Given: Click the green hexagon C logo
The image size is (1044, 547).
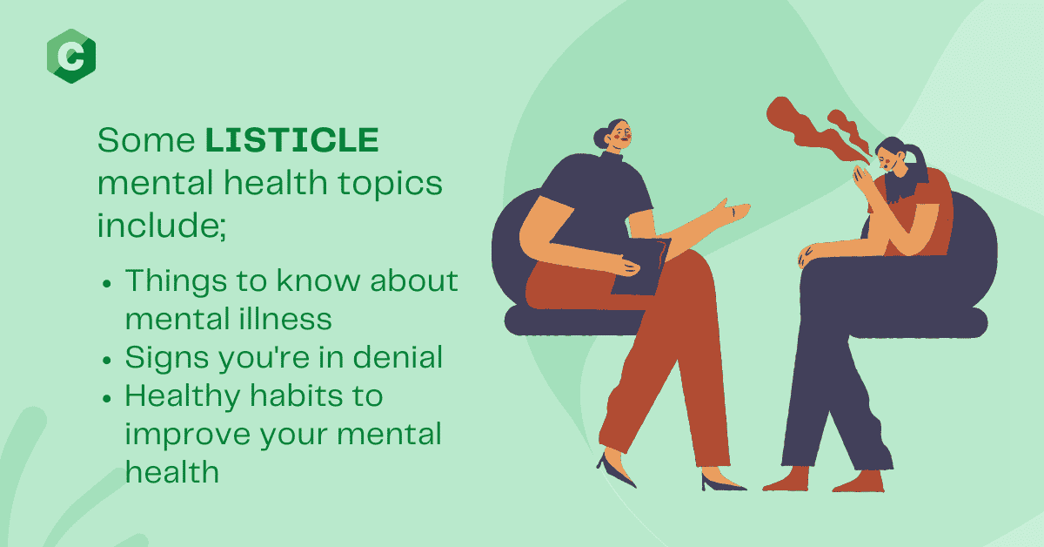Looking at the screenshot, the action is point(71,56).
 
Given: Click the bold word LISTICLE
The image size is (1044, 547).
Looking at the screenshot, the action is point(292,139).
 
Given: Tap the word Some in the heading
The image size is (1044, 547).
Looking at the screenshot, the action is point(146,139).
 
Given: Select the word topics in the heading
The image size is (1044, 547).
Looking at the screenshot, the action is point(390,184).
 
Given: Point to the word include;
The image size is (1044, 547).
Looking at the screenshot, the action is point(162,225).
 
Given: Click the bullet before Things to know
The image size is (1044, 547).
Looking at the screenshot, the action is point(107,283).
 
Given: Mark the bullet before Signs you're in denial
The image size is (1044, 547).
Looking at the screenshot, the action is point(107,360).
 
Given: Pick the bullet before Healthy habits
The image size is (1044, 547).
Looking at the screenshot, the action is point(107,398).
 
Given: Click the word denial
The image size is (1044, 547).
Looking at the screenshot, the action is point(398,357).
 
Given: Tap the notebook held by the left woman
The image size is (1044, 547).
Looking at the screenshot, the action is point(641,266).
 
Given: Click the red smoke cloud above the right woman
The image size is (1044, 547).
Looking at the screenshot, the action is point(817,131).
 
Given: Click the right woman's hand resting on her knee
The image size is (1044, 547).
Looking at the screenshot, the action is point(807,255).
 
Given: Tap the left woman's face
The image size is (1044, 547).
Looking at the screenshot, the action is point(620,135).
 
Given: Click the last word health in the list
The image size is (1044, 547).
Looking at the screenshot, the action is point(172,471).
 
